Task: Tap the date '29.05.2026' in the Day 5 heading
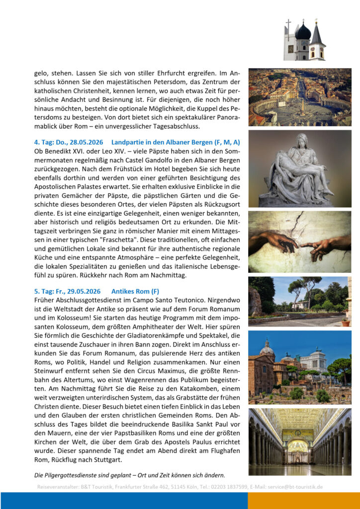point(83,291)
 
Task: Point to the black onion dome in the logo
point(303,33)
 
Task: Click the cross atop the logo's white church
point(288,23)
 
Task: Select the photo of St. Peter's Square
point(299,97)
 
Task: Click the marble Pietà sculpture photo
point(299,169)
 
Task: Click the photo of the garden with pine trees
point(299,301)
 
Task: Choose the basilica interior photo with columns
point(299,442)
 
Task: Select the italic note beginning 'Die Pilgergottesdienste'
point(129,474)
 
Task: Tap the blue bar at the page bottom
point(124,501)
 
